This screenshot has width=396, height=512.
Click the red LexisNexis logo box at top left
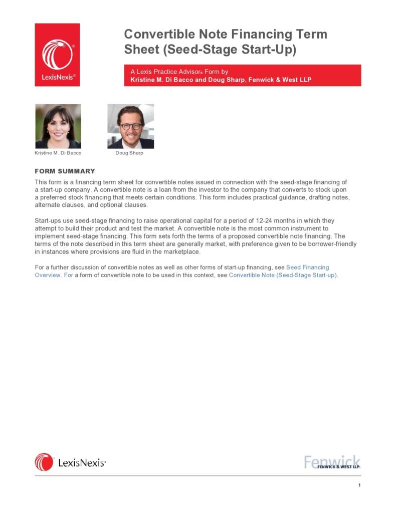click(57, 55)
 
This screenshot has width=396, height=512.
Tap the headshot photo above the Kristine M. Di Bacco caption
click(58, 126)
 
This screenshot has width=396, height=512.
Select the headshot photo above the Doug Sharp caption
click(130, 126)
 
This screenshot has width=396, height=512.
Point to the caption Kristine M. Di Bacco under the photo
click(58, 153)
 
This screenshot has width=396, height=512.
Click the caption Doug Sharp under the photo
click(129, 153)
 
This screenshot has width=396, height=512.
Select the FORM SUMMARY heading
click(65, 171)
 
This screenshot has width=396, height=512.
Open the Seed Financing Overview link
click(307, 268)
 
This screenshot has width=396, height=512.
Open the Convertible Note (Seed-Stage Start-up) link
click(283, 276)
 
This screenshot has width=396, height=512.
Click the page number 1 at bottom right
click(359, 485)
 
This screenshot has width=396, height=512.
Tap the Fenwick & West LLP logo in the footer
click(332, 462)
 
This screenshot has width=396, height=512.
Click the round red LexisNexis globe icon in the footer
click(44, 462)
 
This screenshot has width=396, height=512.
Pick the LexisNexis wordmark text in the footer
click(82, 463)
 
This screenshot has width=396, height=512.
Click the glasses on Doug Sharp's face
click(131, 126)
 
